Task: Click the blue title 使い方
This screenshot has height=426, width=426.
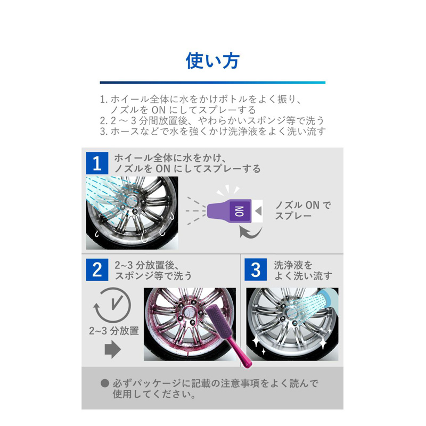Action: (212, 60)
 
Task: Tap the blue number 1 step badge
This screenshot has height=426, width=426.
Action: (97, 163)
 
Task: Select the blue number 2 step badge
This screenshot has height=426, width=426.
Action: (97, 270)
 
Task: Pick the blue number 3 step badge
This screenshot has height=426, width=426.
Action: (256, 270)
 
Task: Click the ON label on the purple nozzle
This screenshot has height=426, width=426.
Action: (239, 211)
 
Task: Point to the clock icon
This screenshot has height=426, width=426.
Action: (112, 305)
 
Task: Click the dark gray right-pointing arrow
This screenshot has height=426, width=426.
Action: (113, 349)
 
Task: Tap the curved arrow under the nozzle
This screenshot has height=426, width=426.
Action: (250, 232)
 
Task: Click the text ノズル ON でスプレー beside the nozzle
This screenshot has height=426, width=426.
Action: (302, 210)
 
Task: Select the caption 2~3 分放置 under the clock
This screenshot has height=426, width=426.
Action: (114, 331)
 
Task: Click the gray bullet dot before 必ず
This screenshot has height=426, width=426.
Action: (104, 383)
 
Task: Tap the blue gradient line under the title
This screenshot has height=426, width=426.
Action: (212, 83)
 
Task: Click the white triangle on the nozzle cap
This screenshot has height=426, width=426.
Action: (259, 210)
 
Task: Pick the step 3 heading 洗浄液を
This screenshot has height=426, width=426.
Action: (293, 265)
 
